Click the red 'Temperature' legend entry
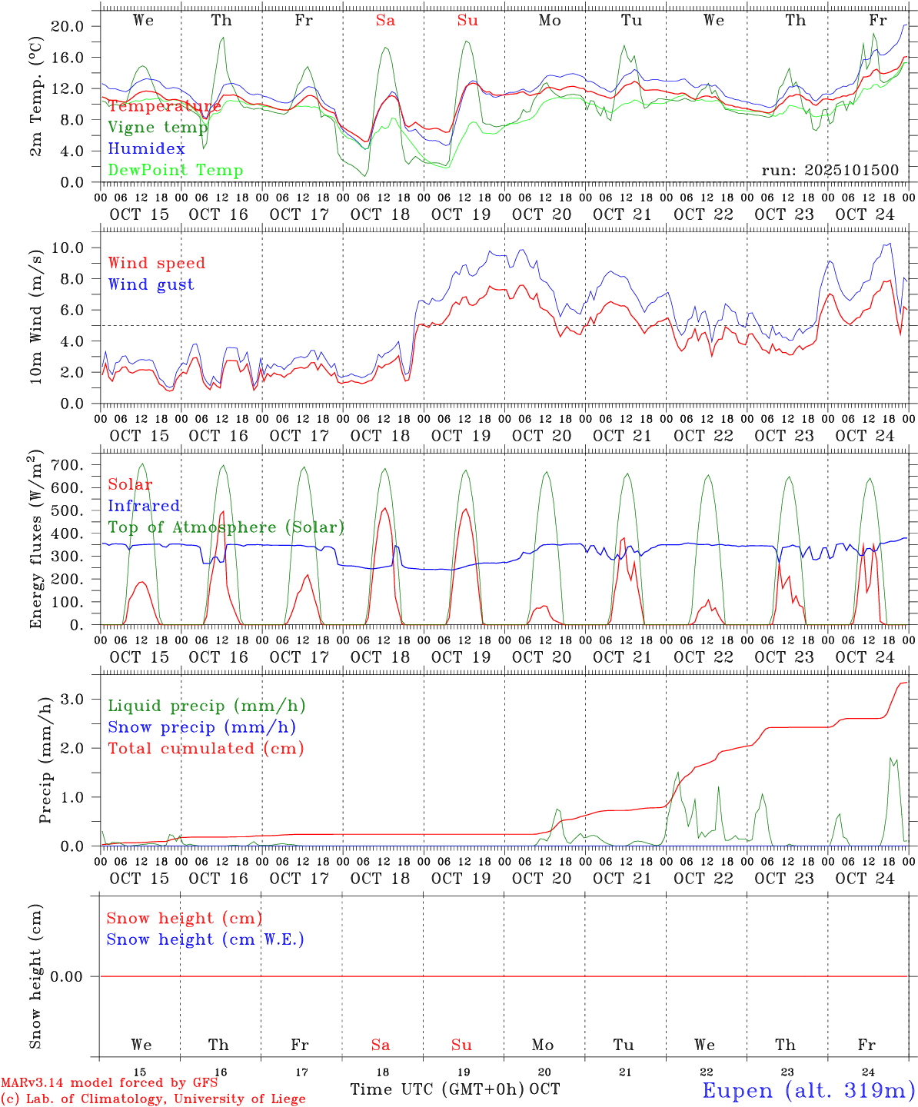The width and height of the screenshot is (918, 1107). click(164, 106)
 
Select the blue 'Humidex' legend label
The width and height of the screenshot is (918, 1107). click(146, 149)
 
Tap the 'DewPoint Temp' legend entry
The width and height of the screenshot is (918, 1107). click(175, 171)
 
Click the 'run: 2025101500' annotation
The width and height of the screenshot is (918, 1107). click(830, 171)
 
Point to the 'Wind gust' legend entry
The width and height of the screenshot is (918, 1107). click(151, 284)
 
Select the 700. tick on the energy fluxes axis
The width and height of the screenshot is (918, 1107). click(72, 465)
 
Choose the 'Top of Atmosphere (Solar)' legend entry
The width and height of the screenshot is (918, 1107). click(226, 527)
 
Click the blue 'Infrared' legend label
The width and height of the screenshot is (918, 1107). click(144, 506)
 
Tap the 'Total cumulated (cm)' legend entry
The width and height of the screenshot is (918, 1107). click(205, 749)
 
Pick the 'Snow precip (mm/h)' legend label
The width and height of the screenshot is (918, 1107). click(201, 727)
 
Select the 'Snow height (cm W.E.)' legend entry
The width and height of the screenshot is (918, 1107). click(205, 939)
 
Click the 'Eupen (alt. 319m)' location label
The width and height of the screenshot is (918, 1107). click(808, 1090)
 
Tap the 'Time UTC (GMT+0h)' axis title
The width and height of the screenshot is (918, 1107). click(437, 1089)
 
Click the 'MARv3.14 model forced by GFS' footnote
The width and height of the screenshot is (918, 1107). click(109, 1083)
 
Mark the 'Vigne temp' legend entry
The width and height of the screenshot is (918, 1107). click(158, 128)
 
